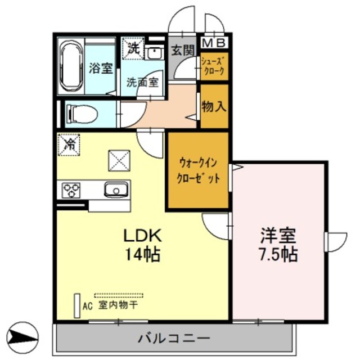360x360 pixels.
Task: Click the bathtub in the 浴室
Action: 71,68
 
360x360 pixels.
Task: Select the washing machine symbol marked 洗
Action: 133,48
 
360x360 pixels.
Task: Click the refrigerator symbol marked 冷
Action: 70,145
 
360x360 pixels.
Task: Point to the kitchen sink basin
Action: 116,190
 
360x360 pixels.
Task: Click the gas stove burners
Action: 71,190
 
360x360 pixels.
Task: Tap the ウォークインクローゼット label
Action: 197,168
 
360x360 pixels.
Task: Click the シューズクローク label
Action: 214,66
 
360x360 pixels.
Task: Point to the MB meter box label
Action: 214,43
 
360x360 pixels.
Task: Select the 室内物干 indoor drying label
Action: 118,305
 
